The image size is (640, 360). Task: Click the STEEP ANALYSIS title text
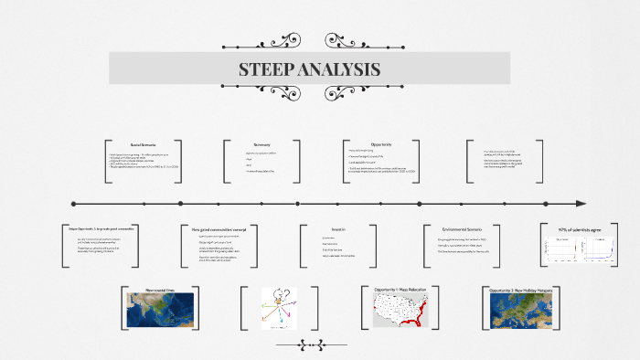tap(309, 69)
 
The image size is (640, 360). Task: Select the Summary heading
tap(262, 143)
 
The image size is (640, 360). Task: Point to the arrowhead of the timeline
tap(580, 203)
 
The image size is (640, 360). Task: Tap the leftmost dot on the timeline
tap(73, 203)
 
